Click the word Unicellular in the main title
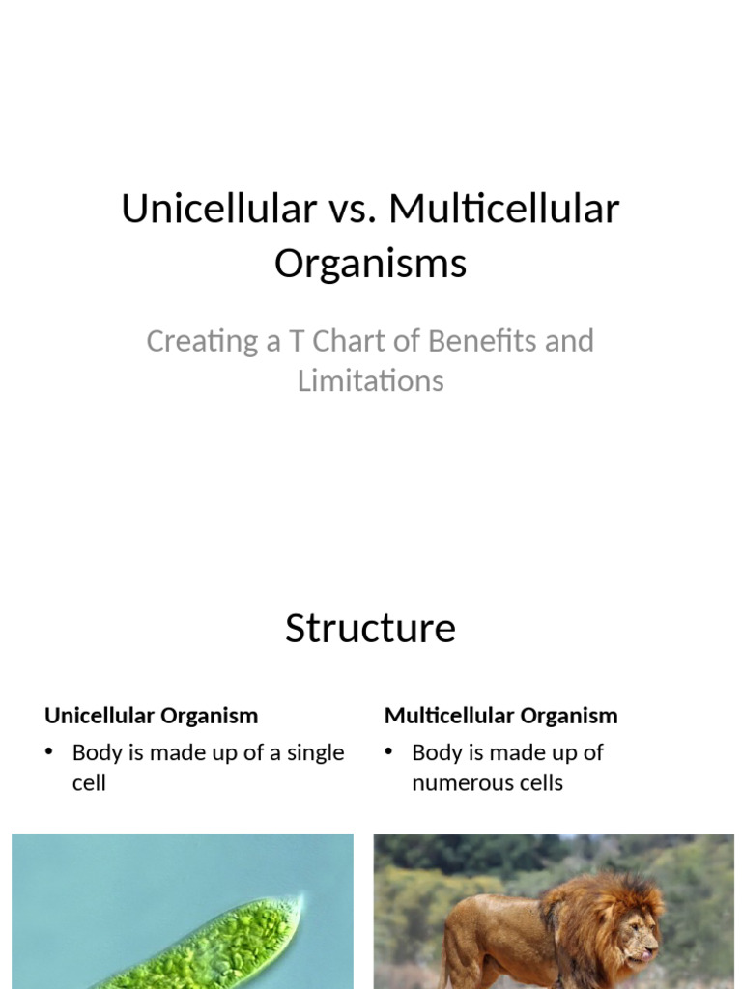(x=218, y=209)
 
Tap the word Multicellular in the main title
(x=503, y=209)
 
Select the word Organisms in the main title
(x=370, y=263)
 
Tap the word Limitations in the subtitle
(x=370, y=381)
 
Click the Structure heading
(x=370, y=628)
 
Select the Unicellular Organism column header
(x=151, y=716)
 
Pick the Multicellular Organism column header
(x=500, y=716)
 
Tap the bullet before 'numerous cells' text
(x=389, y=752)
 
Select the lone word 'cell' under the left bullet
(x=89, y=782)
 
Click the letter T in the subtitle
(x=295, y=341)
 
